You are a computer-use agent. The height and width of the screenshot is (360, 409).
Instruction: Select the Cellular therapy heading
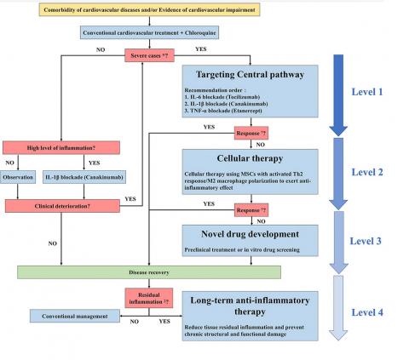[x=238, y=157]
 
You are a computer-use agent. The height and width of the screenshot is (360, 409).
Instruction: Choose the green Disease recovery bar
[x=150, y=271]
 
